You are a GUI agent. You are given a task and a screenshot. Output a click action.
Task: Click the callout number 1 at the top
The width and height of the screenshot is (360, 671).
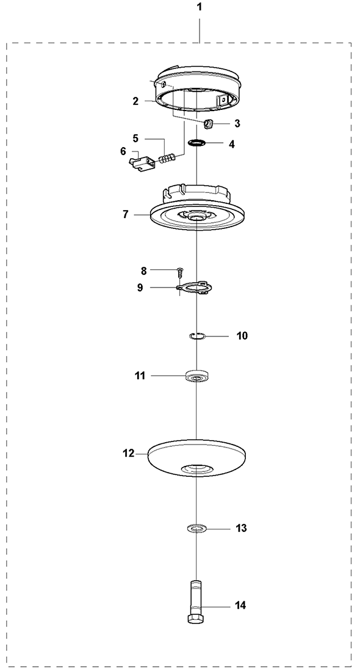[x=200, y=7]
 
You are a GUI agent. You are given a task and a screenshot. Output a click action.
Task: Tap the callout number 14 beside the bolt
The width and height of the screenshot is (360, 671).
[x=241, y=605]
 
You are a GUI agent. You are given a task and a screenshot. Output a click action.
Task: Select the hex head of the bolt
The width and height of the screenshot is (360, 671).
[x=196, y=619]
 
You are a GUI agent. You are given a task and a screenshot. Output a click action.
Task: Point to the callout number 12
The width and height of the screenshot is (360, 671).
[x=128, y=453]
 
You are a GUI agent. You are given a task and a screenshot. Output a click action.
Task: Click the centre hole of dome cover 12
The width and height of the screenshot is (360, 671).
[x=196, y=469]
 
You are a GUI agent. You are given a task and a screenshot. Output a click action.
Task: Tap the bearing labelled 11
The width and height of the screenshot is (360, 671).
[x=196, y=375]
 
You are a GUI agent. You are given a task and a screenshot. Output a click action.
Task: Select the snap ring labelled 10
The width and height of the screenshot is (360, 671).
[x=197, y=336]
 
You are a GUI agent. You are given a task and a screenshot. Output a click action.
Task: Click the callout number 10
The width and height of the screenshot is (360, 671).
[x=242, y=336]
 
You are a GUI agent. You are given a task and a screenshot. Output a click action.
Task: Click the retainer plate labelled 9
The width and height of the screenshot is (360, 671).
[x=195, y=287]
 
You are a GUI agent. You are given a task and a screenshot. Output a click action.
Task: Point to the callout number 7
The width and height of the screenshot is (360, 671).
[x=125, y=214]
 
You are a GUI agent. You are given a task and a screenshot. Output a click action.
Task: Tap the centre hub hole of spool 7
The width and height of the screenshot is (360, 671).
[x=196, y=218]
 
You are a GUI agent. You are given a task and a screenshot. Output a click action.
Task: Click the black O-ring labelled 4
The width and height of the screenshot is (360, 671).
[x=196, y=142]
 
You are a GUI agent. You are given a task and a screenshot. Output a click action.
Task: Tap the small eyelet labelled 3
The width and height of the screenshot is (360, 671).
[x=208, y=125]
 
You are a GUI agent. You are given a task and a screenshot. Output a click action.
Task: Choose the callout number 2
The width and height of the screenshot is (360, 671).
[x=135, y=101]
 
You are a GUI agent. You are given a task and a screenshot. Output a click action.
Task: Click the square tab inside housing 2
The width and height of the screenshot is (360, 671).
[x=223, y=101]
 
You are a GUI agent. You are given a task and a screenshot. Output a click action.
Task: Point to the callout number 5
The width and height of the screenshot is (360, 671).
[x=135, y=138]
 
